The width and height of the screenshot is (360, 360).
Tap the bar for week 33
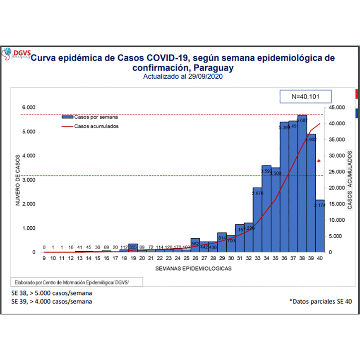[x=257, y=220]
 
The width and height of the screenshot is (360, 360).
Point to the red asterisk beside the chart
[x=319, y=161]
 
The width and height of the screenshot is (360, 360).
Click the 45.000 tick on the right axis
[x=336, y=108]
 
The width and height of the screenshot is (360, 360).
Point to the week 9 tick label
[x=44, y=258]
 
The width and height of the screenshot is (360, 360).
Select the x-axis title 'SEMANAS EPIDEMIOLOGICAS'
[x=193, y=268]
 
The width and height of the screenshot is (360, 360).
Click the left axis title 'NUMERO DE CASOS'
[x=18, y=180]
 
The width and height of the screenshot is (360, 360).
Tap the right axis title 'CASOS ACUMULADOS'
[x=350, y=180]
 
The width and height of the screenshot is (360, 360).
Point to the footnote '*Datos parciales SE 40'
[x=320, y=301]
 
